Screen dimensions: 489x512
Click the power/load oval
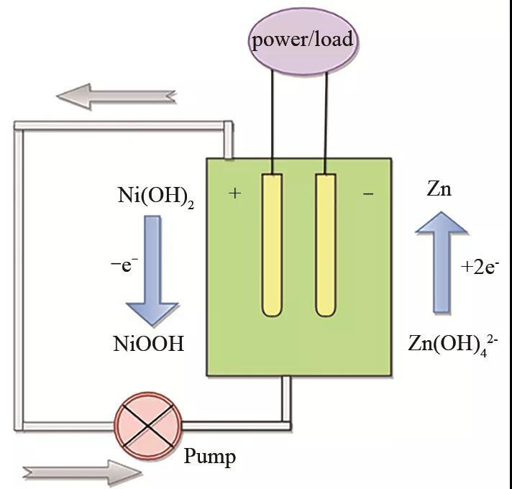click(302, 39)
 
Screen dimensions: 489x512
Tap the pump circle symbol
click(149, 426)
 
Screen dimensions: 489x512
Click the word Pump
click(210, 456)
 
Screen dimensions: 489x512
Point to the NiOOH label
click(149, 344)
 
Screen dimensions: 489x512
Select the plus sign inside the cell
click(234, 193)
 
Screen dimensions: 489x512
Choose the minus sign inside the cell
click(368, 193)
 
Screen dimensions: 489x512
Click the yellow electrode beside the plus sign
click(272, 244)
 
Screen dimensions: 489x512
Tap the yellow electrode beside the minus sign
click(326, 244)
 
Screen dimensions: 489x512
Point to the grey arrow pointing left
click(116, 96)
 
